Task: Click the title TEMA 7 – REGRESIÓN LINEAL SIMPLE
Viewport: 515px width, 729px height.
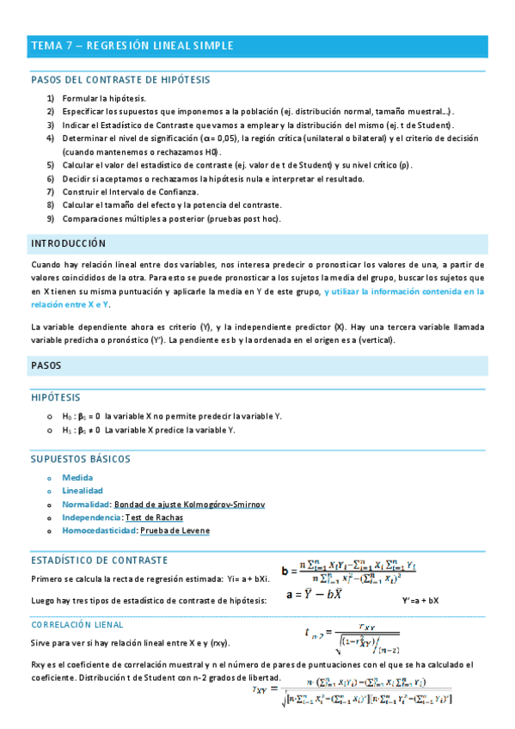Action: (132, 46)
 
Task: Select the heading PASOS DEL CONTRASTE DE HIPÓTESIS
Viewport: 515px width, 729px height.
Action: (120, 80)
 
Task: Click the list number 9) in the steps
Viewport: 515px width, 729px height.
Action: (52, 218)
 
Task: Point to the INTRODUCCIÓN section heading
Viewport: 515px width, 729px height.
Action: (69, 243)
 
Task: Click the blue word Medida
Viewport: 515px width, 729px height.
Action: (77, 477)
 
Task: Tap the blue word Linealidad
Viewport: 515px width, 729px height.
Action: (83, 491)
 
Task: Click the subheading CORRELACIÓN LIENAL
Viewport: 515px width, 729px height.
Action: (77, 625)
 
